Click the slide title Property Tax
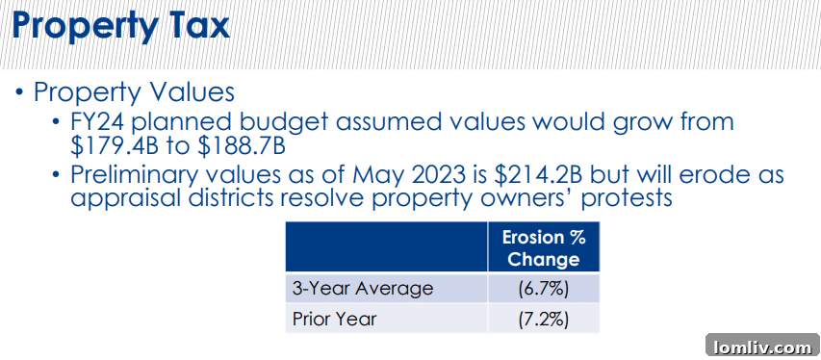[121, 27]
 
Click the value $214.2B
[535, 175]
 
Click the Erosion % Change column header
[544, 247]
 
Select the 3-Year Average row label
[363, 288]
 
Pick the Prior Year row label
[335, 318]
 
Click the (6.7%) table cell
[544, 288]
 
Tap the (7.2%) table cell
[544, 318]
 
